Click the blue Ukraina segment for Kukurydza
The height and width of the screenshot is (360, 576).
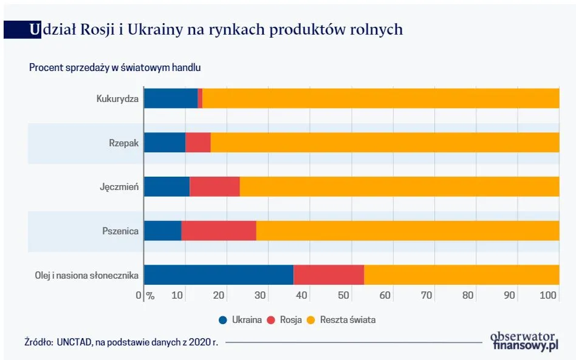click(171, 98)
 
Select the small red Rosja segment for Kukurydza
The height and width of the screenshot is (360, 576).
click(200, 98)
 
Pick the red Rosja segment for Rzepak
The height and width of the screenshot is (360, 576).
click(198, 143)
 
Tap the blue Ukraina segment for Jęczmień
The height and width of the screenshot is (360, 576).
click(167, 186)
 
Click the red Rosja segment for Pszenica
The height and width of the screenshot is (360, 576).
click(219, 231)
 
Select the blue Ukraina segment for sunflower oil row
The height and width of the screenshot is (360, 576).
click(219, 275)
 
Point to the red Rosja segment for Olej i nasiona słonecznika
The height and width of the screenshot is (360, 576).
click(329, 275)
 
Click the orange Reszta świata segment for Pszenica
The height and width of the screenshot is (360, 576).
click(407, 231)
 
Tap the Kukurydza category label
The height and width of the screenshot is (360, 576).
click(117, 98)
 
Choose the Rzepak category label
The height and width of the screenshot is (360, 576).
click(124, 143)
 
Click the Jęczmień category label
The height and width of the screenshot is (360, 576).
click(119, 187)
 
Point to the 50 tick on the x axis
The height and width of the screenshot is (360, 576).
click(343, 296)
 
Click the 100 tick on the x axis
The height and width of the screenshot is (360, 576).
click(549, 296)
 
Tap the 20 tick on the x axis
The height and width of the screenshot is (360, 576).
click(219, 296)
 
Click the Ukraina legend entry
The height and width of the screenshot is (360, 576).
click(241, 320)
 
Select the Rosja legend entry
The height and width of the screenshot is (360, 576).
click(285, 320)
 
